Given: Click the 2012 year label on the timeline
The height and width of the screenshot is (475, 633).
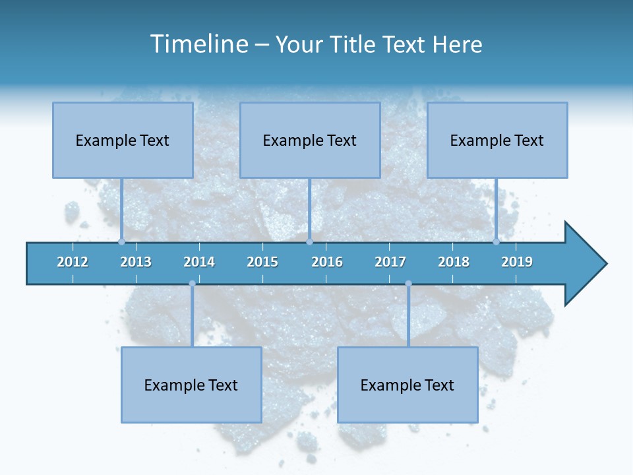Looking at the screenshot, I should tap(73, 262).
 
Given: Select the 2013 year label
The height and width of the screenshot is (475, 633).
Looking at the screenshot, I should tap(136, 262).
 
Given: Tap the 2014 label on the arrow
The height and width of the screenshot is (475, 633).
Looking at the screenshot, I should tap(199, 262).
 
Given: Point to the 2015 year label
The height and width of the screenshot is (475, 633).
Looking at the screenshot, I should tap(262, 262).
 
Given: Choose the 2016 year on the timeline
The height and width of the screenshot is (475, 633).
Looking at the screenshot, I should tap(327, 262).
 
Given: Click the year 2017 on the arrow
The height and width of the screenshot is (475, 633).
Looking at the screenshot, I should tap(390, 262).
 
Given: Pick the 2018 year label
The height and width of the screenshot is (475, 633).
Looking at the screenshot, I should tap(454, 262).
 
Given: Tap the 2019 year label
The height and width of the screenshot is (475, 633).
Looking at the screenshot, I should tap(517, 262).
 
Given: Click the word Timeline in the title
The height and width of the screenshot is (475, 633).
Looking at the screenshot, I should tap(198, 44).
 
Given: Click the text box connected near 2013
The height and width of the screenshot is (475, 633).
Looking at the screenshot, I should tap(123, 140).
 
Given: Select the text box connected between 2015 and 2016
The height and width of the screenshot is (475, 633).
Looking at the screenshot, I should tap(310, 140).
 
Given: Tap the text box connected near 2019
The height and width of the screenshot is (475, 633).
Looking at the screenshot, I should tap(497, 140).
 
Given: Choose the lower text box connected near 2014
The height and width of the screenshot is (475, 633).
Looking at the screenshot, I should tap(191, 385).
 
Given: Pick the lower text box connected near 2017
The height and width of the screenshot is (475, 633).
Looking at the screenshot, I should tap(407, 385).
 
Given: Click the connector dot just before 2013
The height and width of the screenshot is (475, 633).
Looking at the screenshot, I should tap(121, 241).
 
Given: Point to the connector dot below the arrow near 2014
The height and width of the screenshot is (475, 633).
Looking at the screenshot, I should tap(192, 284).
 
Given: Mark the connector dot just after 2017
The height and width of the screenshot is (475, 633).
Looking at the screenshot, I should tap(408, 284).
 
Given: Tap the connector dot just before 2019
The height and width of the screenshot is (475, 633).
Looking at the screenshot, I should tap(496, 241).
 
